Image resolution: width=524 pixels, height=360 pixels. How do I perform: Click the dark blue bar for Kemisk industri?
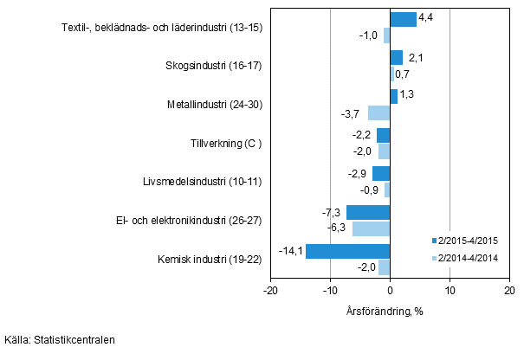(347, 251)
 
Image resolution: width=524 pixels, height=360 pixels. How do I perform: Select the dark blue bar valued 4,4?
(403, 20)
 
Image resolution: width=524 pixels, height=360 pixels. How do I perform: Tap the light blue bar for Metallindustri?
(378, 112)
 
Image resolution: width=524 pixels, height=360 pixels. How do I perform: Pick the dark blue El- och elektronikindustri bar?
(368, 213)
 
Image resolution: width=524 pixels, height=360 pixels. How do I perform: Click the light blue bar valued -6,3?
(371, 228)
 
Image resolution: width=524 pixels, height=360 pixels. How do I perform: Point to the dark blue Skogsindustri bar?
(396, 58)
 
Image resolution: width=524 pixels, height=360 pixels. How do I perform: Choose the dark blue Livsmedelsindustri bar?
(381, 174)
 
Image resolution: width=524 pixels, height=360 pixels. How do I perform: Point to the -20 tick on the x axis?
(270, 291)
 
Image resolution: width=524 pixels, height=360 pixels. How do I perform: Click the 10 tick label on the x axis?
(450, 291)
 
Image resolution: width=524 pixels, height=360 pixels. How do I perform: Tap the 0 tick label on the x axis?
(390, 291)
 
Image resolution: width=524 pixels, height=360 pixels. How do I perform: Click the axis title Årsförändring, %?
(389, 310)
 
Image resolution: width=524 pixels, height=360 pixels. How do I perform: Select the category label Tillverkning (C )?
(226, 143)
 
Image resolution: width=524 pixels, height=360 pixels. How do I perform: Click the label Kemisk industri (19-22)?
(210, 259)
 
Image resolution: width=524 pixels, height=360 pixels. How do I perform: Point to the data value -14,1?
(290, 251)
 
